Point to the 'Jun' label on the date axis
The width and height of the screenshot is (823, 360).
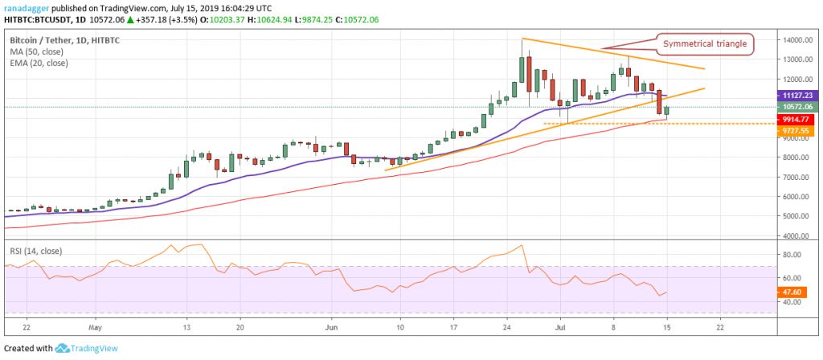point(332,328)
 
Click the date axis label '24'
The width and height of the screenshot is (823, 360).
point(508,328)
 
